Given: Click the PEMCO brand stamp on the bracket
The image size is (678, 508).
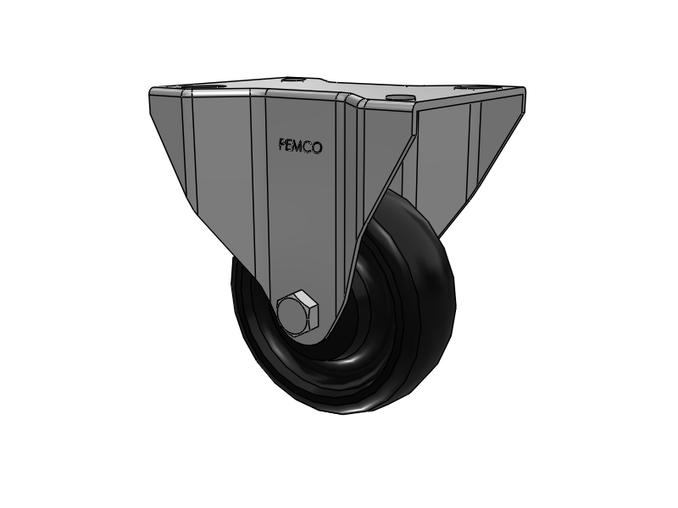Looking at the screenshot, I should point(300,146).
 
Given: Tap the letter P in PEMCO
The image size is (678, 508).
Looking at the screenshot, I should point(283,146).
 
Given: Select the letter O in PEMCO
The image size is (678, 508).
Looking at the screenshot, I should point(318,147).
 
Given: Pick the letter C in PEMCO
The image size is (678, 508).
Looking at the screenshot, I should point(309,147).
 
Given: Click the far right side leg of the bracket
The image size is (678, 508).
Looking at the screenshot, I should point(475,152).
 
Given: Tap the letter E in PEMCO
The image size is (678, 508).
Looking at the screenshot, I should point(292,146).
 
